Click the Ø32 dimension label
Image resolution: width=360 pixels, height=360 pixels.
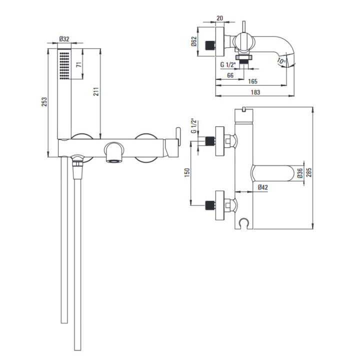pos(64,39)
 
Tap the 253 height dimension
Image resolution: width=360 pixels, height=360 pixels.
pos(44,101)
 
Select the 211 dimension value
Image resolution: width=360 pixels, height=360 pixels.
pos(96,91)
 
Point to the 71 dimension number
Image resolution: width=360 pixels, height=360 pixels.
pos(79,64)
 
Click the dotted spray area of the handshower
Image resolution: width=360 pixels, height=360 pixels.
pos(64,66)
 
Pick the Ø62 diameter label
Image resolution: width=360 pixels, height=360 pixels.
pos(194,41)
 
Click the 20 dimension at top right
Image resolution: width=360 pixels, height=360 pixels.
pos(219,18)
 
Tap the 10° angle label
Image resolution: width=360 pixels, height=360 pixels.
pos(281,60)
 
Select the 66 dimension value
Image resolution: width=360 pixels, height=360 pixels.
pos(230,75)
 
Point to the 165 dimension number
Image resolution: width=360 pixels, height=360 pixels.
pos(253,81)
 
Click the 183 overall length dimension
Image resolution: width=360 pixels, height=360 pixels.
pos(255,92)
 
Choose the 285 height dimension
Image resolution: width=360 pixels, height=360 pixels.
pos(309,172)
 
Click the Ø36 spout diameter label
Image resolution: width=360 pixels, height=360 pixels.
pos(300,173)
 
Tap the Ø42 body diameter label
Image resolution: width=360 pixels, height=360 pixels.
pos(262,187)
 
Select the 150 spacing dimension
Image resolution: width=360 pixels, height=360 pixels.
pos(187,172)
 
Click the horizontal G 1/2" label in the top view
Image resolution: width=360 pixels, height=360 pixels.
pos(228,64)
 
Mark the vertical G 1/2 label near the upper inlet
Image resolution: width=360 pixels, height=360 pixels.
pos(194,126)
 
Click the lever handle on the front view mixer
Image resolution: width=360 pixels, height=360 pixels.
pos(178,136)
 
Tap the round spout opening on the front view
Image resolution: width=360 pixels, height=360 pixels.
pos(114,161)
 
